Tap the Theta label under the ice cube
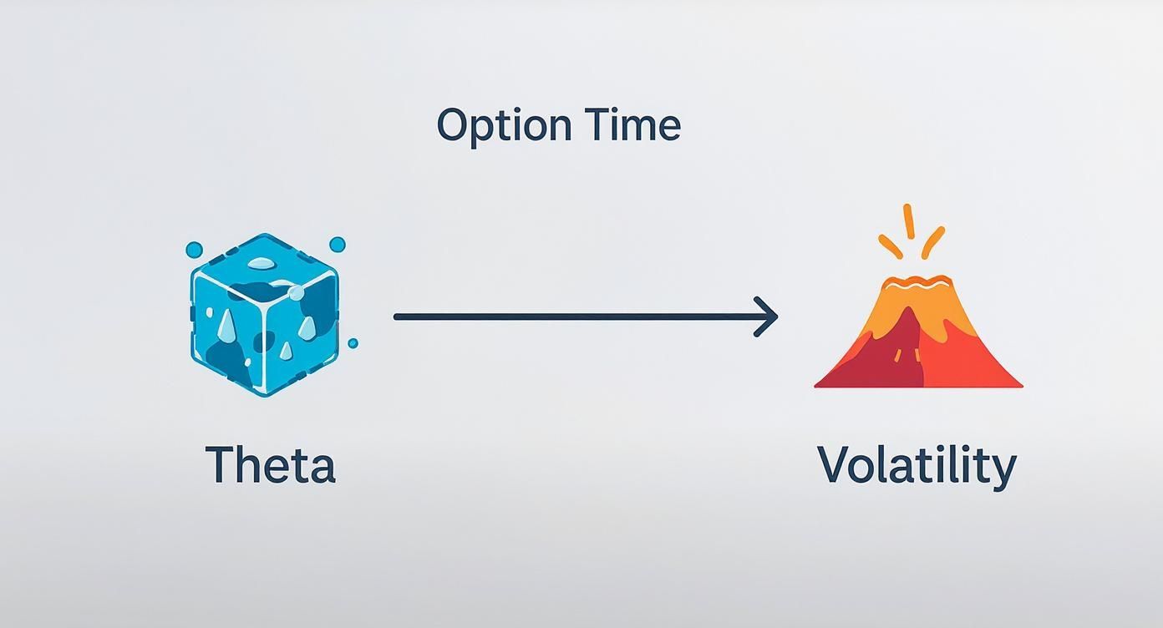270,464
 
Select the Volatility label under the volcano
917,465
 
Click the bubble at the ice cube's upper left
194,249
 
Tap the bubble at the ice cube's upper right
338,245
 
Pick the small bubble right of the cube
353,343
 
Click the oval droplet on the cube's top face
262,264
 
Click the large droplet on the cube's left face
227,327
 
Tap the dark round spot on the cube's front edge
264,342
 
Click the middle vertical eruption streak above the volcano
909,220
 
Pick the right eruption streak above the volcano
932,241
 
